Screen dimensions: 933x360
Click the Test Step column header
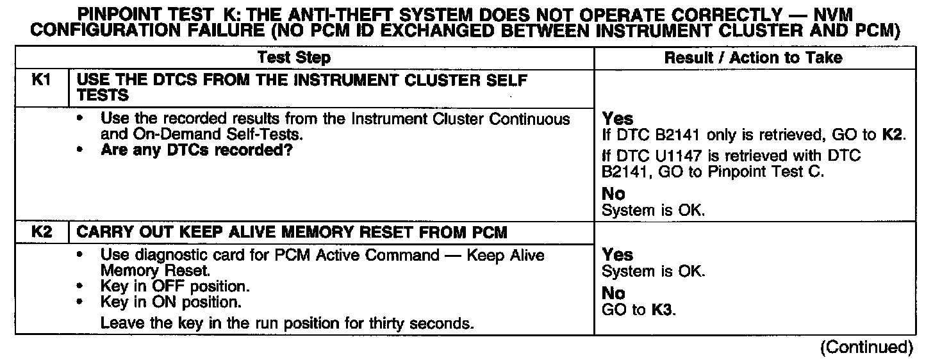(294, 58)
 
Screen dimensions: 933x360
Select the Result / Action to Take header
(753, 58)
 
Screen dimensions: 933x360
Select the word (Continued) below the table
(866, 347)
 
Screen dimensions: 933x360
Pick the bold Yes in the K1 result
(618, 119)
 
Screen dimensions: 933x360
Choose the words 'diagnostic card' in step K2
(172, 255)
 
